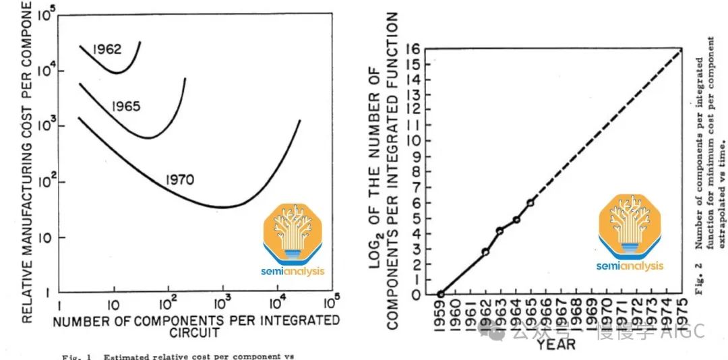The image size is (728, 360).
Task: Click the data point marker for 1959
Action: [440, 294]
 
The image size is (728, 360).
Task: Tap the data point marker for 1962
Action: [485, 251]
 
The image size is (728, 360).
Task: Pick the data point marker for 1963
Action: [500, 231]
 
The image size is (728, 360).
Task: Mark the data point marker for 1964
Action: [516, 220]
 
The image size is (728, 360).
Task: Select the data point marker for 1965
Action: [530, 202]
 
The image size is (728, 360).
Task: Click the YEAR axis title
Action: [556, 344]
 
